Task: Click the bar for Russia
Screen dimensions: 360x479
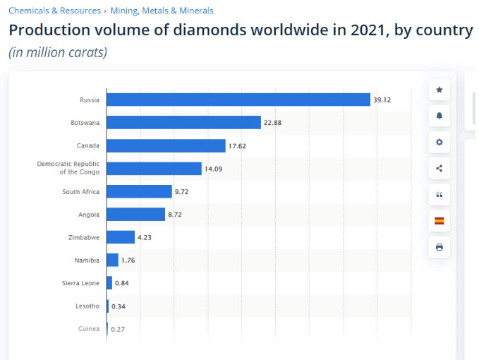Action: point(238,100)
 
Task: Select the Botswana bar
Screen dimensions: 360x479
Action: point(183,123)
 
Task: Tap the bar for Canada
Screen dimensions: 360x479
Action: point(166,145)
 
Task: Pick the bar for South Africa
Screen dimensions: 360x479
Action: point(139,191)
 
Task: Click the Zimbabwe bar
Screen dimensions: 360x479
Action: point(121,237)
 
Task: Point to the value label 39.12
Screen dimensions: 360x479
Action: point(382,100)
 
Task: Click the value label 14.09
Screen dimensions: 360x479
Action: point(214,169)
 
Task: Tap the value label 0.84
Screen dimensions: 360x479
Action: point(122,283)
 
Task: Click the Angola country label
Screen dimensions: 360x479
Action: point(89,215)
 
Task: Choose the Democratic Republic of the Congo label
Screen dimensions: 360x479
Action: point(68,168)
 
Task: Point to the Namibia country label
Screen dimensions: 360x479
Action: point(87,260)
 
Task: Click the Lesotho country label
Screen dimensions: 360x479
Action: point(87,306)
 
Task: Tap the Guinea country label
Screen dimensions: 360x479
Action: point(89,329)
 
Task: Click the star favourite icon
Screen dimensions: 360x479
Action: point(439,90)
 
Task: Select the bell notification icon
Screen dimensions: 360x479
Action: point(439,116)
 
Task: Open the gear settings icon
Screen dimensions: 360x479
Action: point(439,142)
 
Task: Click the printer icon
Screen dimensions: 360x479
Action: point(439,247)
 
